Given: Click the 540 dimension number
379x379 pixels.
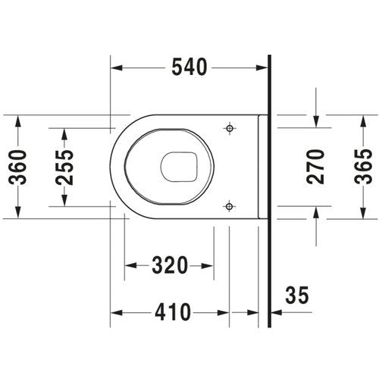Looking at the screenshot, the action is tap(189, 67).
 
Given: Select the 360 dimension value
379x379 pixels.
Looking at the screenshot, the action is tap(17, 167).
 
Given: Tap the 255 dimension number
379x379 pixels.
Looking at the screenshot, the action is tap(64, 168).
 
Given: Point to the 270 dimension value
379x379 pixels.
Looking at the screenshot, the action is tap(315, 167).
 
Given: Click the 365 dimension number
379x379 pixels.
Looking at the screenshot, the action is tap(363, 167).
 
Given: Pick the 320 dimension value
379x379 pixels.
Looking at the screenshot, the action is tap(170, 265).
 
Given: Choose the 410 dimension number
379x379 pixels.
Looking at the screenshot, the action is tap(173, 312).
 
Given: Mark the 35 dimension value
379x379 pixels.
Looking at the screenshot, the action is tap(297, 295).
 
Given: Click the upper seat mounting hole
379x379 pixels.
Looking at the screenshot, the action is tap(230, 128).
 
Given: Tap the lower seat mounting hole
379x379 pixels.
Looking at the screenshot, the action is tap(230, 206).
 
